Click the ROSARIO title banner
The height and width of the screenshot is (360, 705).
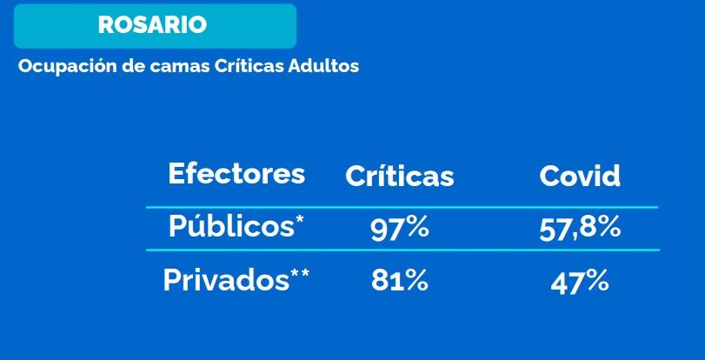click(155, 25)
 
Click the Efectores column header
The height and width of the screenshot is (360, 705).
click(236, 173)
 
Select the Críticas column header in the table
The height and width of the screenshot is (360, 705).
click(399, 176)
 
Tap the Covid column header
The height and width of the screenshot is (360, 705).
click(580, 176)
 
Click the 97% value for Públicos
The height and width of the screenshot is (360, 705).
click(399, 229)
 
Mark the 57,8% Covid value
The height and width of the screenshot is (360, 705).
click(580, 229)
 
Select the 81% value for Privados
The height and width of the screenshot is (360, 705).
click(399, 282)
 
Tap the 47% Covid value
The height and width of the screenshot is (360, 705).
click(580, 282)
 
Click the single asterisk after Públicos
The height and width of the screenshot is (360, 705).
click(300, 219)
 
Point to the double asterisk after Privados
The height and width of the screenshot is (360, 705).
click(301, 274)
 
